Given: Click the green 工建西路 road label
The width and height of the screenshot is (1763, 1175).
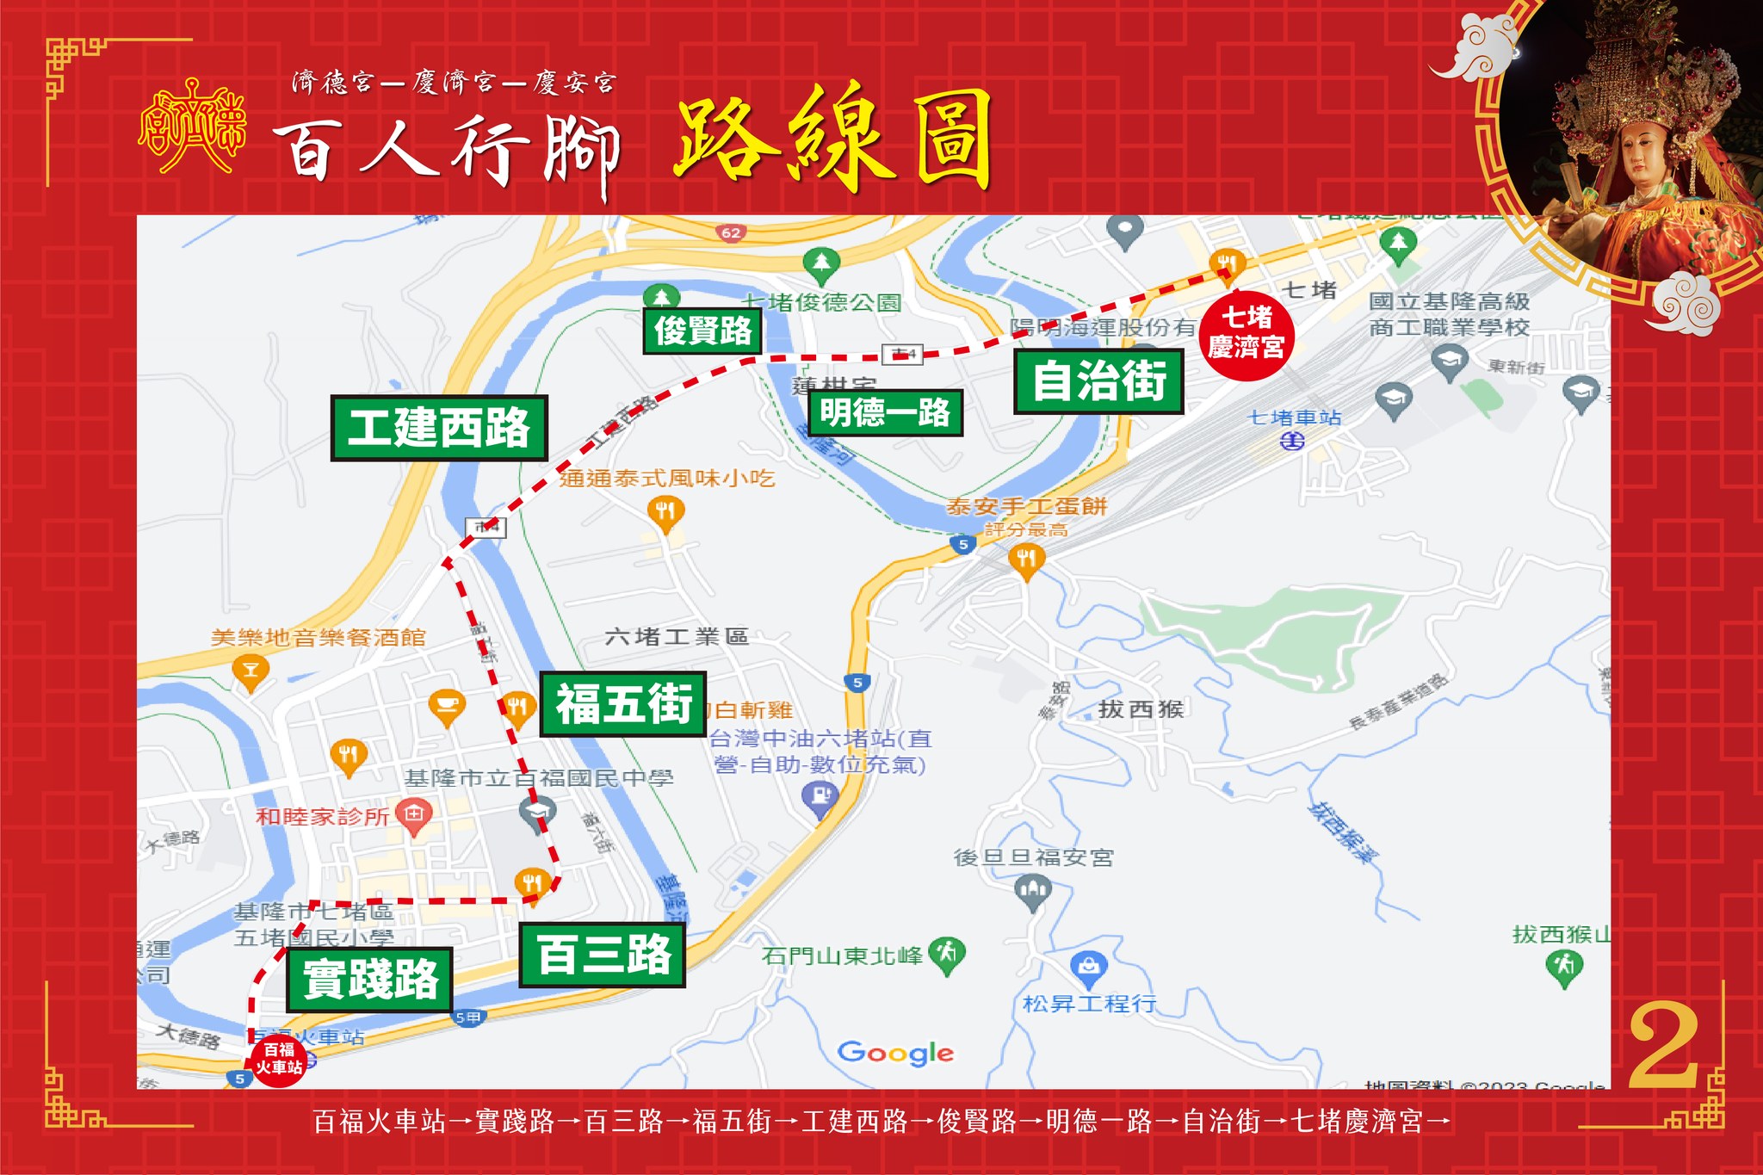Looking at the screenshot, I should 439,428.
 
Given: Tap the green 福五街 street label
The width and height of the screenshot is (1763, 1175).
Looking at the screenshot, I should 623,703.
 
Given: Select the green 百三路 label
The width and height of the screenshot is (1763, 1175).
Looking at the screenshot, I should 603,955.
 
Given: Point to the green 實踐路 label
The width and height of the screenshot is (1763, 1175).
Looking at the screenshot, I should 370,979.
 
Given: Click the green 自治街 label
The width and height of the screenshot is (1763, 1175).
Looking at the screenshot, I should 1098,380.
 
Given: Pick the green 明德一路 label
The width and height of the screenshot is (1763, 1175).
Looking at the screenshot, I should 885,412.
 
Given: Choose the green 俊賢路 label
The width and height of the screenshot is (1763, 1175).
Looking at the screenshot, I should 702,331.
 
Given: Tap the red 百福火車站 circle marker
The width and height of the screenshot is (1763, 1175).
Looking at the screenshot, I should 278,1060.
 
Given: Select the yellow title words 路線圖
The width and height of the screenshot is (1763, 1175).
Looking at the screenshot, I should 832,140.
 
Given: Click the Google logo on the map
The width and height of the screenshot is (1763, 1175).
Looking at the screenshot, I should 895,1052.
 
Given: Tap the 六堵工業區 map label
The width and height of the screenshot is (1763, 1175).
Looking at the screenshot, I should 677,637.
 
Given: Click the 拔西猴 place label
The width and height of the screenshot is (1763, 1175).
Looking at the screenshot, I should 1141,709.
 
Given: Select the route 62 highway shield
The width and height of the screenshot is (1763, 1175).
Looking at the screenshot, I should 731,232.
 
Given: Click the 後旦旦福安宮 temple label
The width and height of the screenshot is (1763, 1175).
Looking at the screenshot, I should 1033,857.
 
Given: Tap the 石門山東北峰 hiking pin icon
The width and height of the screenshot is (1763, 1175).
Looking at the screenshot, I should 947,954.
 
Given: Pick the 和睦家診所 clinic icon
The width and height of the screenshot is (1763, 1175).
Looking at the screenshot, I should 415,813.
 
